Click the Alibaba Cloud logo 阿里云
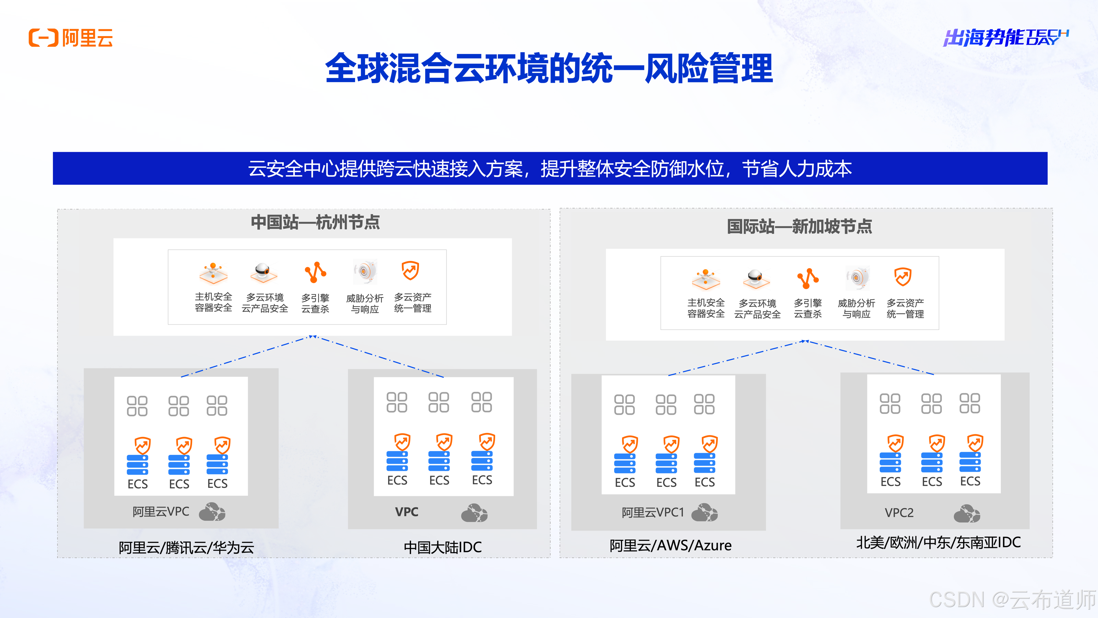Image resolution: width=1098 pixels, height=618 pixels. [x=71, y=38]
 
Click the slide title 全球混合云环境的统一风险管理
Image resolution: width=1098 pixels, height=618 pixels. [x=549, y=68]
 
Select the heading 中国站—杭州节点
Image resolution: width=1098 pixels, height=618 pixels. [x=315, y=222]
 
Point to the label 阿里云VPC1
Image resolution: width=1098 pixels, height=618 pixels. [x=652, y=512]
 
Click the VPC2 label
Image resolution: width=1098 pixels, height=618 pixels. [x=899, y=513]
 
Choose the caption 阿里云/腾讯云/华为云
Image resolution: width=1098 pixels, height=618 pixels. [x=186, y=548]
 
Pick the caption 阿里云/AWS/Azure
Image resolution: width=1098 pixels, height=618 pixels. [x=670, y=546]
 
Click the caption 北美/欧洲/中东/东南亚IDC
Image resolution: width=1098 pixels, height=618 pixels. [x=938, y=542]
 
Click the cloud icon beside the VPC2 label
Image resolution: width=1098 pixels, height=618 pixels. [x=967, y=514]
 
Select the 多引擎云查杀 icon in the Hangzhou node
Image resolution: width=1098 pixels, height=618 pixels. [x=315, y=273]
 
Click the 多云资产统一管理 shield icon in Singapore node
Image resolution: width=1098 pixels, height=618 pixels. [x=903, y=277]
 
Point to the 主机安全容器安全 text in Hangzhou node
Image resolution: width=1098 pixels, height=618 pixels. [x=213, y=302]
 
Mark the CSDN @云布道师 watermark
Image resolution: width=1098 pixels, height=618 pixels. [x=1012, y=600]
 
